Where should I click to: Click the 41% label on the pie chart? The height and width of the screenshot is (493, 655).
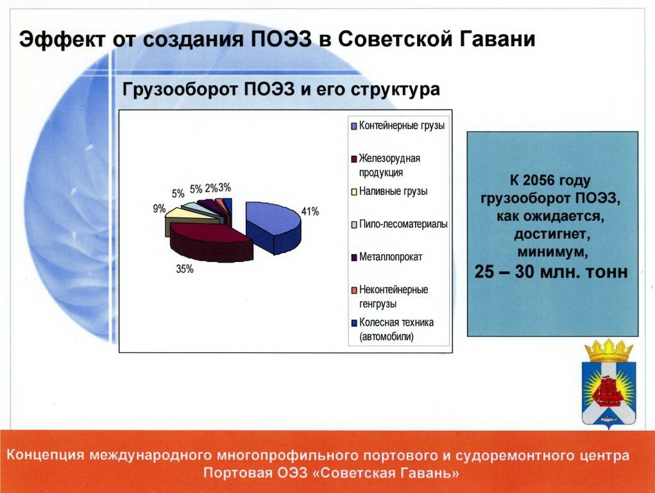310,212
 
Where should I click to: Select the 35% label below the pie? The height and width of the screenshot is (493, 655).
185,270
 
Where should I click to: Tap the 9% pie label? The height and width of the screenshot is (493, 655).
159,209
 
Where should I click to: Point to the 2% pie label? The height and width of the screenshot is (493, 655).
211,189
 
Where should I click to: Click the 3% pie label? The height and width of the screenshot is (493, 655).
225,187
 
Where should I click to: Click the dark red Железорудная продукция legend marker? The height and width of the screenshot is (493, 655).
354,159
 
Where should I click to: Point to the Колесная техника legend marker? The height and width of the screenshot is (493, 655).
354,323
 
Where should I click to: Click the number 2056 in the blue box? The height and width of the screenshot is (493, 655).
539,180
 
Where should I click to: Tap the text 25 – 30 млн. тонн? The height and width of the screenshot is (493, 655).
551,272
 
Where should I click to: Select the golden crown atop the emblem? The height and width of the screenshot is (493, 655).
609,351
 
